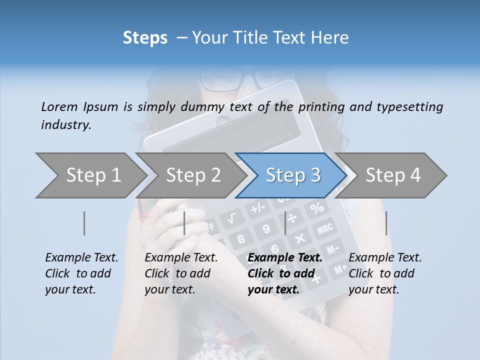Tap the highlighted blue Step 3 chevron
pos(293,175)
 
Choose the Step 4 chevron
pos(393,175)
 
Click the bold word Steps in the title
pos(145,37)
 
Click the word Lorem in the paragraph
pos(59,106)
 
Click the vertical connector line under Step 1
pos(84,223)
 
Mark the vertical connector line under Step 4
pos(386,223)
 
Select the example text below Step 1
pos(81,273)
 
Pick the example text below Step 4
pos(385,273)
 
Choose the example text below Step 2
pos(181,273)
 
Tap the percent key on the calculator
pos(316,207)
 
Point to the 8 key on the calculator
pos(241,238)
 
